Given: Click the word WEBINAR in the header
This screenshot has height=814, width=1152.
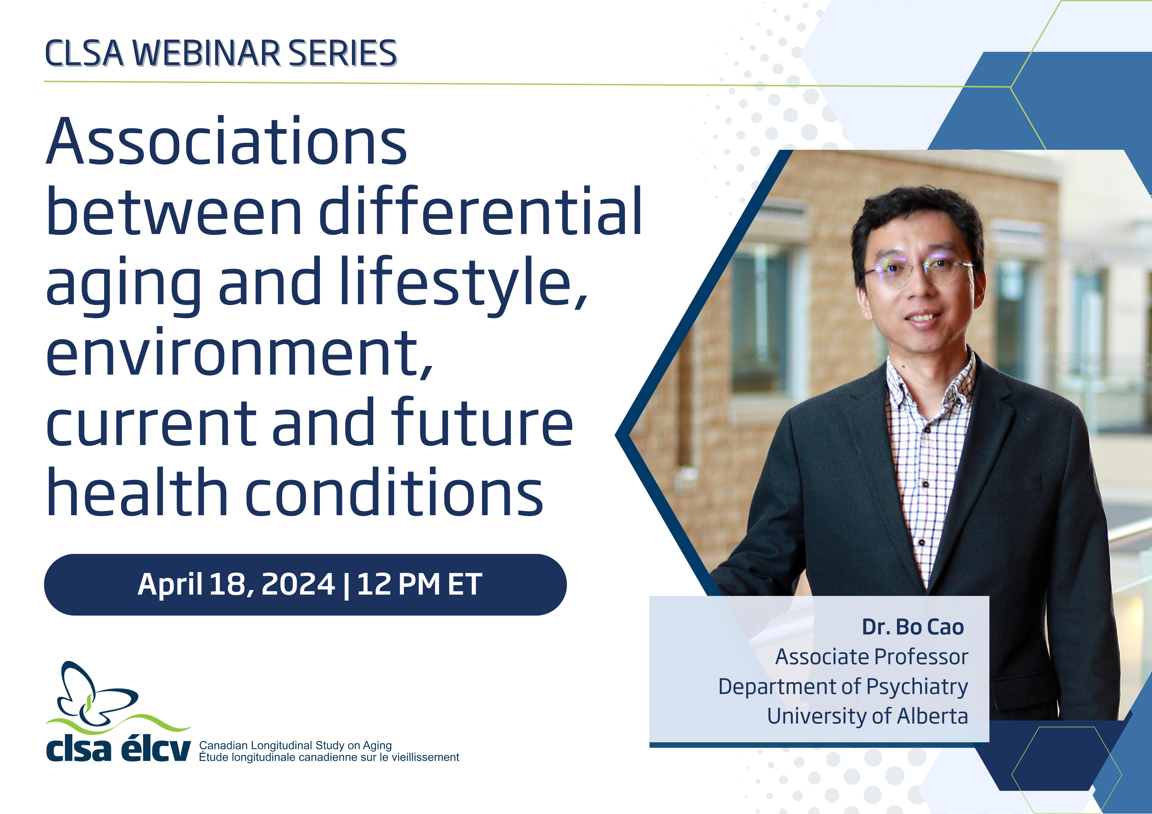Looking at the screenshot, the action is tap(207, 53).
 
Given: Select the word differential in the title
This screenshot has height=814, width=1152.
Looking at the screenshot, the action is tap(480, 211).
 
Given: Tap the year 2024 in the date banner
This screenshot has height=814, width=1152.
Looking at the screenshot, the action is tap(298, 584).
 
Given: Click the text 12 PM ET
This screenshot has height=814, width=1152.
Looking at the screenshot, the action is tap(419, 584).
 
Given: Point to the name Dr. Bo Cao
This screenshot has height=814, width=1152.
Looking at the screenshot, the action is tap(913, 627).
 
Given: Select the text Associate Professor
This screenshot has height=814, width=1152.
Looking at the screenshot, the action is tap(871, 657).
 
